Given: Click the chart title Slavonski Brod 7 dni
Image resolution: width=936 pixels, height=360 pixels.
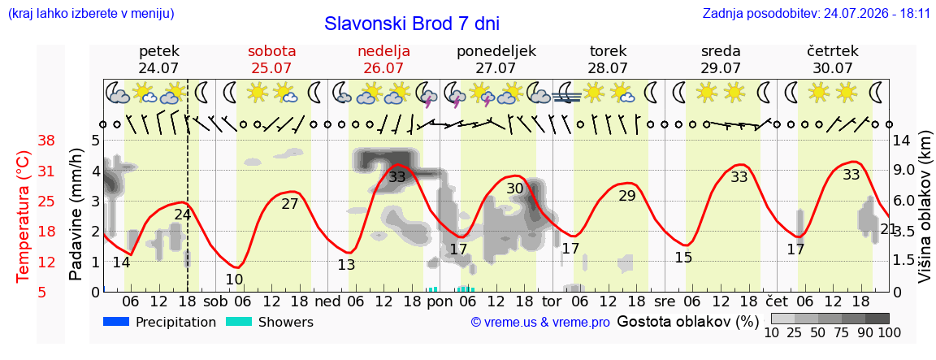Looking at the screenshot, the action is [x=412, y=24].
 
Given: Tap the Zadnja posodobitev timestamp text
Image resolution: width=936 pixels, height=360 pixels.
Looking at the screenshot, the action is [x=816, y=13].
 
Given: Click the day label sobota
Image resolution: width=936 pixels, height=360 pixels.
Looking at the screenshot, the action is [x=272, y=50].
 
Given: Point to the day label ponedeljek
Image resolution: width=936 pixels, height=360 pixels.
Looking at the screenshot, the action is [x=496, y=51].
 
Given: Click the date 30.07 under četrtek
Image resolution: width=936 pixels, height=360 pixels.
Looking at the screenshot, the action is [x=833, y=67].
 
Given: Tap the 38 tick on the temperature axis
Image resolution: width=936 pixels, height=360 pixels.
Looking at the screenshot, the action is [x=46, y=141].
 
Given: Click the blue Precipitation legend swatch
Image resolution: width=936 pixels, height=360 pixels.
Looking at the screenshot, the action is [x=116, y=322].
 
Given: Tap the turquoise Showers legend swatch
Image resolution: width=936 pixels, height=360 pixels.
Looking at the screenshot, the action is [x=239, y=322].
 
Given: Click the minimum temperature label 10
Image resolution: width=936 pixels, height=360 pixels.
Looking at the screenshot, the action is [x=235, y=279].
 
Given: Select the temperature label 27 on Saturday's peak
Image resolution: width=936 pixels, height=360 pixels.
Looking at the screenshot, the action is [x=289, y=204].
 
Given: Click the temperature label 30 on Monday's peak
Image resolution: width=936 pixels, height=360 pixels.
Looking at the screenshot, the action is [x=514, y=189].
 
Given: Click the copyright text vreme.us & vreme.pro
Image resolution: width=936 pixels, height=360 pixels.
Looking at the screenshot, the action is [x=540, y=323].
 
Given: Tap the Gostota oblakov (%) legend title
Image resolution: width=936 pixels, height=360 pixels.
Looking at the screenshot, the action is [x=687, y=322].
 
